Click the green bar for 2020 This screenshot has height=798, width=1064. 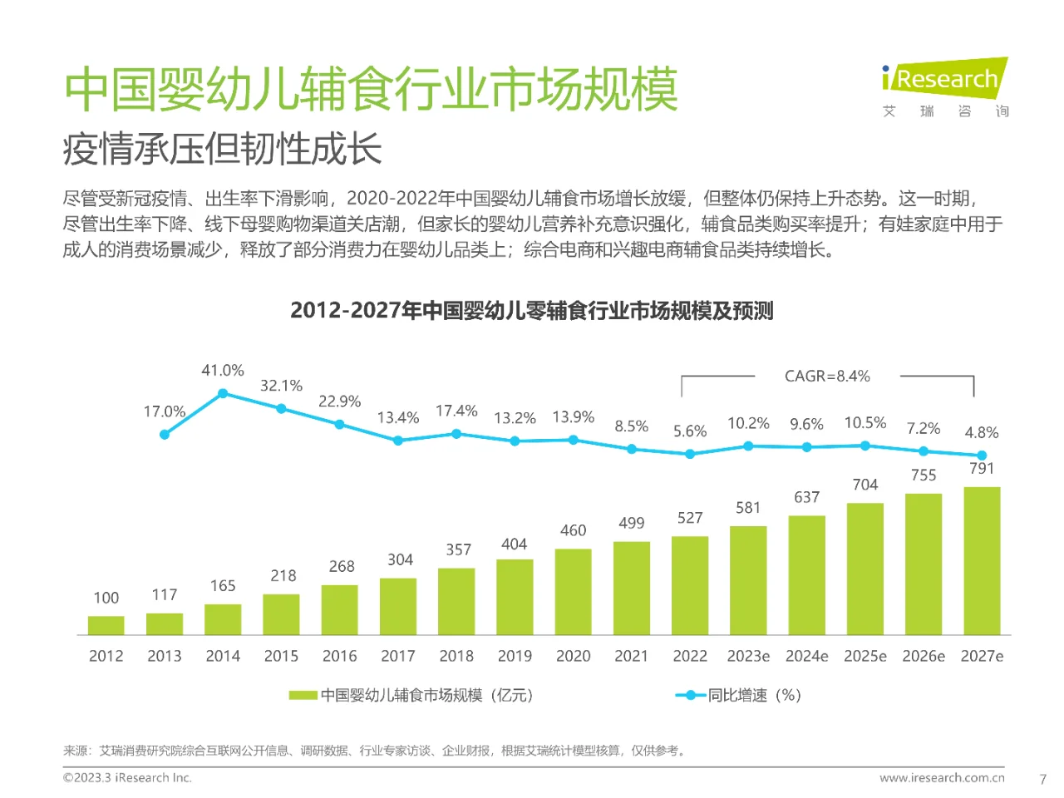[573, 592]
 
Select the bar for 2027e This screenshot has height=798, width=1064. [982, 561]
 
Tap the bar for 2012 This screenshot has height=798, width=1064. [106, 625]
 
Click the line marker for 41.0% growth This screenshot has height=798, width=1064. [223, 394]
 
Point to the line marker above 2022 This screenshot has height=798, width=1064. [690, 454]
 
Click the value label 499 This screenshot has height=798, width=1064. [631, 523]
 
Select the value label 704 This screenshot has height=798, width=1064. [864, 485]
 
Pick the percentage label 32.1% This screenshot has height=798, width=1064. [281, 386]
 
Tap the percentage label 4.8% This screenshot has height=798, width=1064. [981, 432]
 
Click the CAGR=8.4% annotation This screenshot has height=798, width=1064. [827, 376]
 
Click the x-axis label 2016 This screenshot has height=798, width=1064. [339, 656]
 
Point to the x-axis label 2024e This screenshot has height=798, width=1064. [806, 656]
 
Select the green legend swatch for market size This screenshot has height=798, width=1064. [303, 695]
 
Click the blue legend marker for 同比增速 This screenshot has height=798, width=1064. [690, 695]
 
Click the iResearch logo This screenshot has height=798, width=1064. [944, 80]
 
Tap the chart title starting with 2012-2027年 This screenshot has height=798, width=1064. [532, 311]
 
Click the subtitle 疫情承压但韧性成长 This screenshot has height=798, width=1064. [222, 150]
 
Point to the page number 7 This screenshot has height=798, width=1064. [1042, 779]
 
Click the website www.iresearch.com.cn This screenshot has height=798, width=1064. [942, 778]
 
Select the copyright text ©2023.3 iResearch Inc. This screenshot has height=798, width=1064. [127, 778]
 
